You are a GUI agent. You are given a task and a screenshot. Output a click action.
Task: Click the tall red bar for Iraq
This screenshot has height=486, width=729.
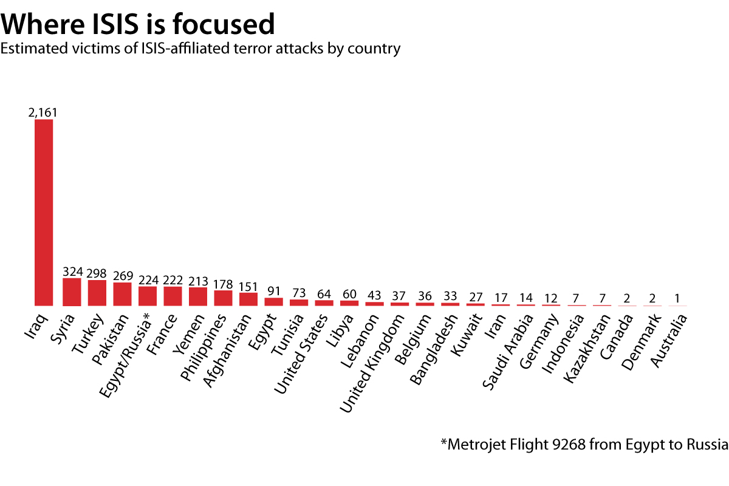point(44,213)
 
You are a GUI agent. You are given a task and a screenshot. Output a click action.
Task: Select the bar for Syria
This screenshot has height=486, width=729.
point(72,292)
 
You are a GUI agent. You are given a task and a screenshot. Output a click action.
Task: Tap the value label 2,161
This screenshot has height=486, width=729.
point(43,112)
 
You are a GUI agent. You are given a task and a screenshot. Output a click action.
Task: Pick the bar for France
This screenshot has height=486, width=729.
point(173,296)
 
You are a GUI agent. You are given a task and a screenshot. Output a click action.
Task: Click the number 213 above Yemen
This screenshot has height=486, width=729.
point(198,281)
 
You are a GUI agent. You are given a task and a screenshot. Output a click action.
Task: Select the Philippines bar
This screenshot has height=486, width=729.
point(223,298)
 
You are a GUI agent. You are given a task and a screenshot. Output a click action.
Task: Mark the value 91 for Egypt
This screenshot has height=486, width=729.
point(273,291)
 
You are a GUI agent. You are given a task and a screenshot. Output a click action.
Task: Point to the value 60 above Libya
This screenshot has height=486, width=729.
point(349,293)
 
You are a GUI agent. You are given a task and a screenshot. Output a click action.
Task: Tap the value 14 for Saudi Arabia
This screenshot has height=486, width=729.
point(525,298)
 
